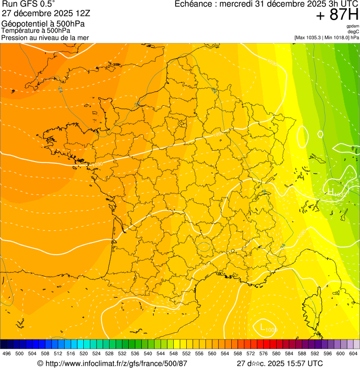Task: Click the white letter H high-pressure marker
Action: pos(331,191)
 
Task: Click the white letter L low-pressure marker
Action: pos(263,327)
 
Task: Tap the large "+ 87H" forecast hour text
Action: pos(337,15)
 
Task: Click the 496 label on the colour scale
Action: pos(7,353)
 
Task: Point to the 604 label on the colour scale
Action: pos(353,353)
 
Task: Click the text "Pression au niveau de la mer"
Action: pos(45,37)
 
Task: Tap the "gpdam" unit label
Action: pos(353,26)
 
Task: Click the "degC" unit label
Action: pos(353,32)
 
